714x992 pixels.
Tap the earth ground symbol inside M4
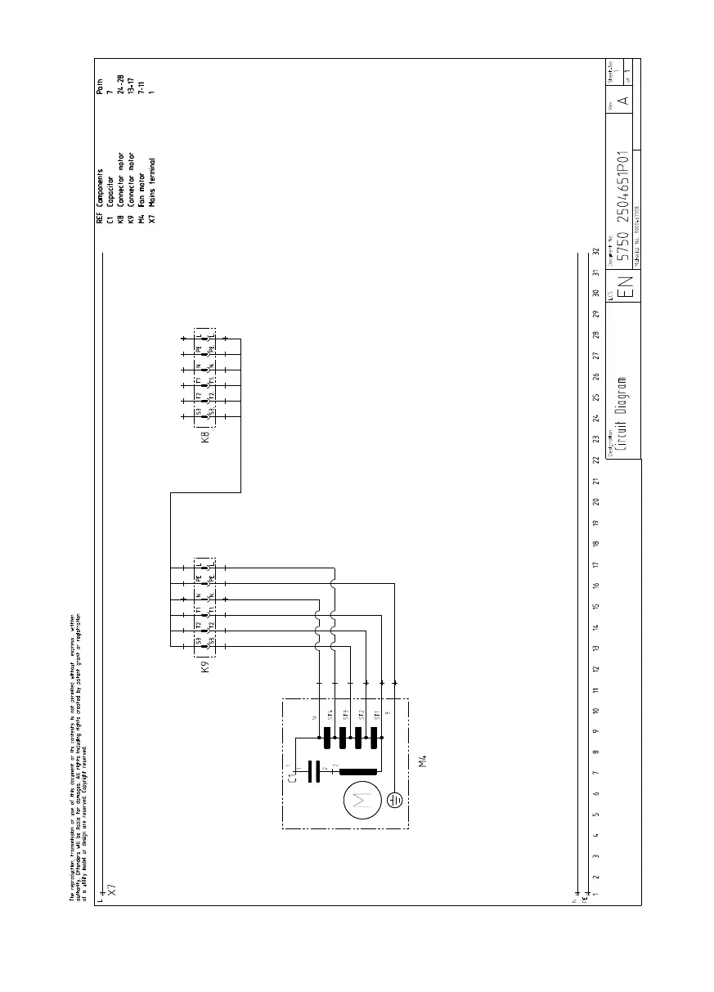click(x=395, y=799)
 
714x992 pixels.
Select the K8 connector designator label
click(x=207, y=437)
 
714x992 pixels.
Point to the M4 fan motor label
click(x=423, y=762)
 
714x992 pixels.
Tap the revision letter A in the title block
click(x=622, y=100)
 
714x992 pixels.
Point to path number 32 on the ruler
click(x=595, y=252)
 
